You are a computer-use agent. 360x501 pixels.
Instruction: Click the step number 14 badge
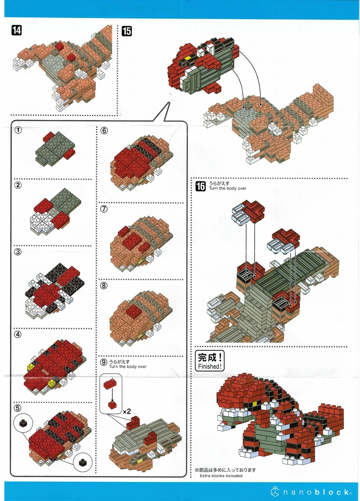[x=17, y=30]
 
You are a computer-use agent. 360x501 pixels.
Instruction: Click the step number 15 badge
[x=127, y=31]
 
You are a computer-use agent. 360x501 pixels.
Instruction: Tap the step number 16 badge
[x=201, y=186]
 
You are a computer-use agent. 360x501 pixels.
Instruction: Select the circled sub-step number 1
[x=18, y=130]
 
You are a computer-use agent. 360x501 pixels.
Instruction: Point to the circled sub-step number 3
[x=18, y=252]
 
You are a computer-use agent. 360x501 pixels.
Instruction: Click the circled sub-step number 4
[x=18, y=334]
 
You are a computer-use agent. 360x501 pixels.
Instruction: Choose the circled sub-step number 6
[x=104, y=130]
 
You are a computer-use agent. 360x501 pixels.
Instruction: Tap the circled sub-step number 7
[x=104, y=209]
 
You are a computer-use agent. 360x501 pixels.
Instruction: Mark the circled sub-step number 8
[x=104, y=285]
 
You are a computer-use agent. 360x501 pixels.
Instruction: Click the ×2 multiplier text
[x=127, y=411]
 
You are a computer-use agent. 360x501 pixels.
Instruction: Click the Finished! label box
[x=210, y=361]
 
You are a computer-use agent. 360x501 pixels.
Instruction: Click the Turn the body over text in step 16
[x=228, y=188]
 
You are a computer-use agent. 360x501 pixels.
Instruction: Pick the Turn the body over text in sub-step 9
[x=128, y=367]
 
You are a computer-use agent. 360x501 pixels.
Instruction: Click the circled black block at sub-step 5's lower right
[x=82, y=462]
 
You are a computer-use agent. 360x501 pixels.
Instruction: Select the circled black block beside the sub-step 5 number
[x=23, y=423]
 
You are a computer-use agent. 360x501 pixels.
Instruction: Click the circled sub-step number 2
[x=18, y=185]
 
